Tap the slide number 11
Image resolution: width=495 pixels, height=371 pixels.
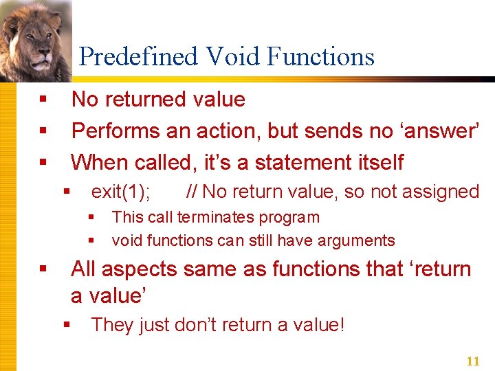point(472,361)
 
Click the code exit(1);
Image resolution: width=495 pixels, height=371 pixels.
point(121,192)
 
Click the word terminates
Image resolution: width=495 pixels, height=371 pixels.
point(206,218)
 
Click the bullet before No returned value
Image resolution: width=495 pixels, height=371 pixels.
point(43,100)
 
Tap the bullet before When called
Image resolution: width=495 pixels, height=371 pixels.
point(43,164)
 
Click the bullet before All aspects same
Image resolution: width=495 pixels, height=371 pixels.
point(43,269)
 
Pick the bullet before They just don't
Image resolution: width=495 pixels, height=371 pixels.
point(67,325)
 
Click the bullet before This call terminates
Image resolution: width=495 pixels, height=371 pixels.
point(90,218)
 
